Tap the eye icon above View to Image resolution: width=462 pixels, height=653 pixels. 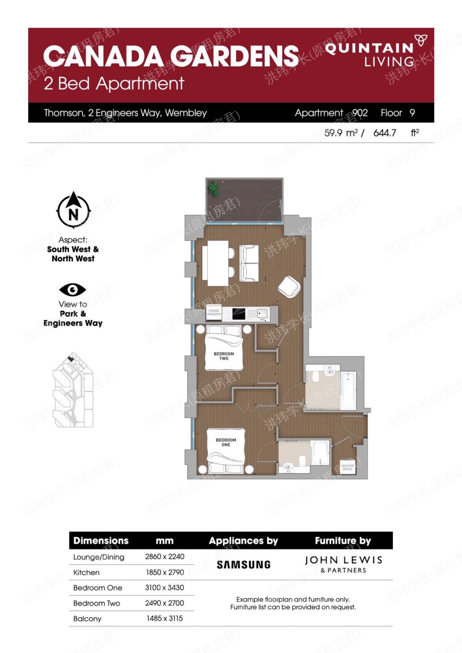(x=73, y=290)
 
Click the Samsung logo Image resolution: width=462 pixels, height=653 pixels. (x=243, y=565)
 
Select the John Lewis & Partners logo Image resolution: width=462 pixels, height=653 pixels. (x=344, y=565)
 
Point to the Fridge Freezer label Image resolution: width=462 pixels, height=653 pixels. (x=214, y=312)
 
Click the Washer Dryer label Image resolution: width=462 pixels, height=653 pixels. (x=347, y=467)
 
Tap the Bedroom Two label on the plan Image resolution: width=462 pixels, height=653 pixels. (x=224, y=356)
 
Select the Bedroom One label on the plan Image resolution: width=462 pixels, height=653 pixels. (x=226, y=442)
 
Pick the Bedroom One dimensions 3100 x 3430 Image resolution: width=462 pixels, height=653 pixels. (x=164, y=587)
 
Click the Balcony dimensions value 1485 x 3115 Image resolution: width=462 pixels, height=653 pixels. (x=165, y=618)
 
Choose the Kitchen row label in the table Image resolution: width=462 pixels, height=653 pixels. (x=86, y=572)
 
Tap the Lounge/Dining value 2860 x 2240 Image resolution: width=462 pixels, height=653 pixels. (x=165, y=556)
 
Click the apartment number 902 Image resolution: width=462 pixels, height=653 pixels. (x=360, y=113)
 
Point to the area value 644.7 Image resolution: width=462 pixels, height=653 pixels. (x=385, y=133)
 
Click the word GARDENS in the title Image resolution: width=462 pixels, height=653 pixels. (x=234, y=56)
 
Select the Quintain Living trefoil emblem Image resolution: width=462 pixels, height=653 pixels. (x=421, y=40)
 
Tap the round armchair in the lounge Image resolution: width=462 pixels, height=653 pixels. (x=289, y=287)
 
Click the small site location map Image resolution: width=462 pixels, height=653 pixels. (x=73, y=390)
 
